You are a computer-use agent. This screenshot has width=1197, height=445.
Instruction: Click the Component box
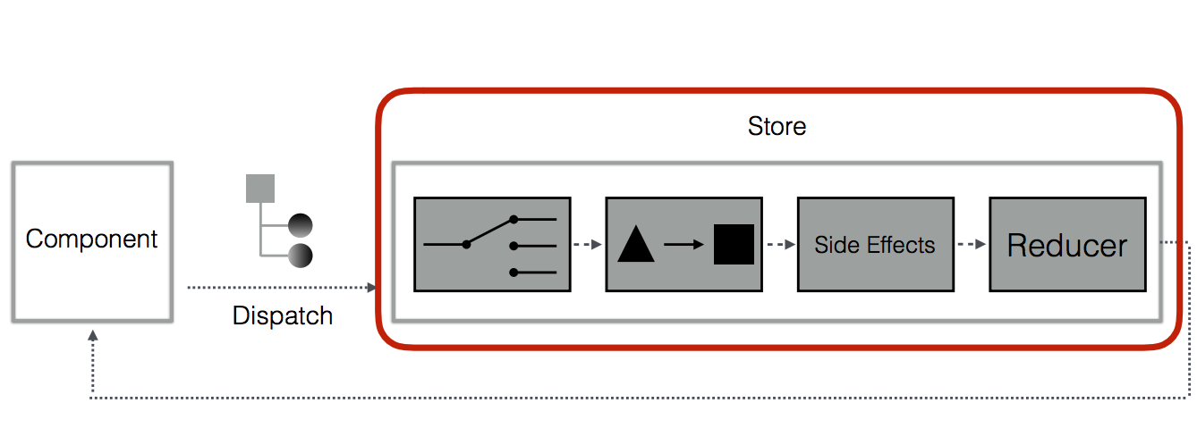point(91,241)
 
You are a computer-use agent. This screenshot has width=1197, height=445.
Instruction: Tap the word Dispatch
point(283,315)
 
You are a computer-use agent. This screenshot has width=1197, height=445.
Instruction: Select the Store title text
point(777,126)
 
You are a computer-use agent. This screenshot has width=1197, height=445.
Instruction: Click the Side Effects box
point(875,245)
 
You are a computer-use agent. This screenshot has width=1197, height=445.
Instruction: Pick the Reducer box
point(1066,245)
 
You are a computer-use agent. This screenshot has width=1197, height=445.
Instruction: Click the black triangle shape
point(636,244)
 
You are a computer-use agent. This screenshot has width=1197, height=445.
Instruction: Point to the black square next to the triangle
point(734,244)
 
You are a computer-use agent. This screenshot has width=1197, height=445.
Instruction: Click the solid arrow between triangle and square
point(684,244)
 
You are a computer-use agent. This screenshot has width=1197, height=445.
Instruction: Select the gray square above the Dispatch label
point(260,189)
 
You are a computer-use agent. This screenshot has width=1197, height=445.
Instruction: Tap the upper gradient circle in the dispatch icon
point(300,224)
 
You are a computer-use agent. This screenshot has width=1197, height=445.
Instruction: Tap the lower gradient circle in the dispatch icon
point(300,256)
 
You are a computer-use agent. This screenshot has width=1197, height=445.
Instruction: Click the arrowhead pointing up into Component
point(92,335)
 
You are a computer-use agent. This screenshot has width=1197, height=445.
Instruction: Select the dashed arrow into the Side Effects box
point(781,244)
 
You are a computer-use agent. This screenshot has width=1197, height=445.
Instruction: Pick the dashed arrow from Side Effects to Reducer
point(972,244)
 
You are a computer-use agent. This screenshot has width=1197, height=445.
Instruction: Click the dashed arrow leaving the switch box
point(589,244)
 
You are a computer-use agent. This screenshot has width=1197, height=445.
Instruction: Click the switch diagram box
point(492,244)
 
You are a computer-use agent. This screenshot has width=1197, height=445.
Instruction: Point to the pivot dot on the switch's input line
point(466,244)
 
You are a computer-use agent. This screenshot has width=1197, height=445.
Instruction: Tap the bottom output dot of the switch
point(514,272)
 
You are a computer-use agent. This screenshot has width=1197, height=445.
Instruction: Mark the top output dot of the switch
point(514,219)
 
